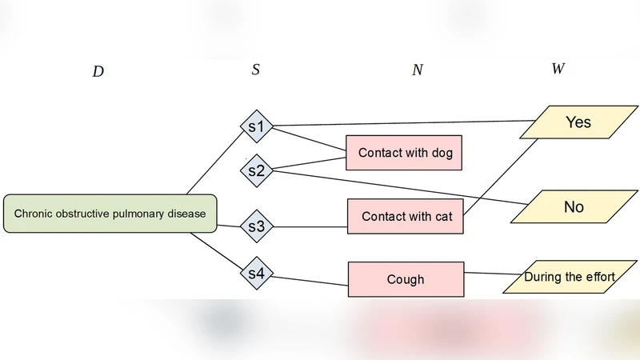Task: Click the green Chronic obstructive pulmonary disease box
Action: (110, 214)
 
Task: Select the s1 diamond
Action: (257, 126)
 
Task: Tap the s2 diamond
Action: (257, 170)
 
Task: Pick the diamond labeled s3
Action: (257, 226)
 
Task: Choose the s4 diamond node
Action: (257, 274)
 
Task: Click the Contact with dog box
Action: (405, 153)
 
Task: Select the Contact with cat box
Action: (405, 217)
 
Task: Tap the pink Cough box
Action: (406, 280)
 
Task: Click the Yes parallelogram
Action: (578, 122)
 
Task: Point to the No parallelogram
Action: (574, 207)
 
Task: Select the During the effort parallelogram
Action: (570, 277)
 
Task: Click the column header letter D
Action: (98, 71)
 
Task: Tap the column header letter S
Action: (255, 70)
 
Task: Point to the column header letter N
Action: (417, 70)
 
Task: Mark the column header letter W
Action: (558, 69)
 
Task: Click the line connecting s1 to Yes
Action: (400, 123)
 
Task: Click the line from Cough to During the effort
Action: (488, 274)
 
